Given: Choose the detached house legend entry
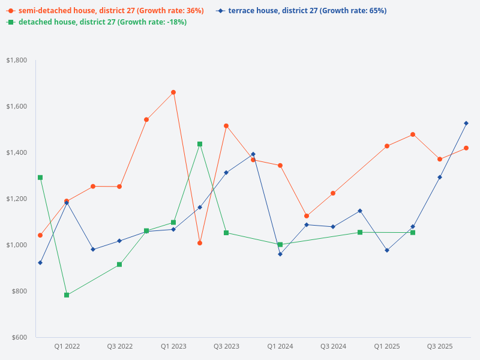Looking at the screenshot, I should click(99, 22).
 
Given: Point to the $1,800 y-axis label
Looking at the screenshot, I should click(16, 60).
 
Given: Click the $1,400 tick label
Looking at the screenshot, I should click(16, 152).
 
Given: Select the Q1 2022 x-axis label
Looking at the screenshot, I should click(67, 346).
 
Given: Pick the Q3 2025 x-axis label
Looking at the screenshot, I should click(439, 346).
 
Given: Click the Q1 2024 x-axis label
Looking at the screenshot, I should click(280, 346).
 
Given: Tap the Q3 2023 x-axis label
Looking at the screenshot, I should click(227, 346).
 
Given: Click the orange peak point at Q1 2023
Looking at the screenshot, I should click(173, 92).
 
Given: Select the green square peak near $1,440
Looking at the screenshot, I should click(200, 144).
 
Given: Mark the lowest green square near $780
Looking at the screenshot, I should click(67, 295).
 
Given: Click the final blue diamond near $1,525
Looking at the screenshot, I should click(466, 123).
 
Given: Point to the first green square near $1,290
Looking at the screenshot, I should click(40, 178).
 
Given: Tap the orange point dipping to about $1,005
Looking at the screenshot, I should click(200, 243).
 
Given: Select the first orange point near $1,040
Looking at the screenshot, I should click(40, 235).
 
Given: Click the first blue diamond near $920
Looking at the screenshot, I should click(40, 263).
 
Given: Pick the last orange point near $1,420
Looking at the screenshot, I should click(466, 148).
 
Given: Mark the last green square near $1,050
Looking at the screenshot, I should click(413, 233).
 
